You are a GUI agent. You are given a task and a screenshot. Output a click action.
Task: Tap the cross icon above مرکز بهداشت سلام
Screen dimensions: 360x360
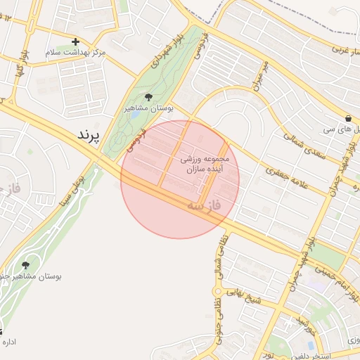coord(76,42)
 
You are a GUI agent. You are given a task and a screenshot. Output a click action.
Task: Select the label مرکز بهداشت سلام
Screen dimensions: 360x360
coord(75,53)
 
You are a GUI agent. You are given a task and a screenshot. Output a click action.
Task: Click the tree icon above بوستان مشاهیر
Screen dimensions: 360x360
coord(148,98)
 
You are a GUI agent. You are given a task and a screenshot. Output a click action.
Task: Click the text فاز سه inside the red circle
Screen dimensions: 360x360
coord(204,206)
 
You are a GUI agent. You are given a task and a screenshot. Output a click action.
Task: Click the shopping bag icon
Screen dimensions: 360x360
coord(349,117)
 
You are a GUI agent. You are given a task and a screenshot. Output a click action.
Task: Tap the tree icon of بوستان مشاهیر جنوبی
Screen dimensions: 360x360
coord(26,265)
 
